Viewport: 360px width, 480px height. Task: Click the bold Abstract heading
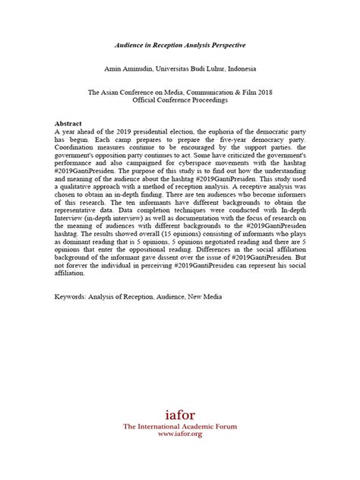(70, 122)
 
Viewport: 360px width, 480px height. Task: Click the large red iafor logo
(181, 415)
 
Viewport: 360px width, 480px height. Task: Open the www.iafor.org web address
(181, 437)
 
